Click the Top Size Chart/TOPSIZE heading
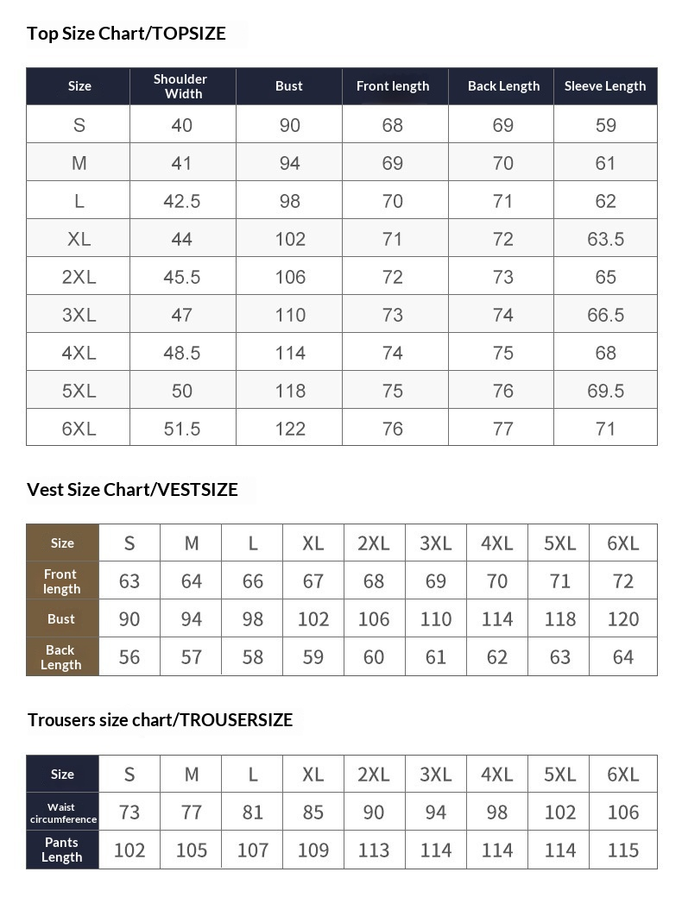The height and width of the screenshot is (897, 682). tap(126, 34)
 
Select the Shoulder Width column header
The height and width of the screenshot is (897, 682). tap(182, 86)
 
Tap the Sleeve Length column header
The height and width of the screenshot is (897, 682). tap(605, 86)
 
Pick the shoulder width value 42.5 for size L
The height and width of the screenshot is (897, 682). tap(182, 201)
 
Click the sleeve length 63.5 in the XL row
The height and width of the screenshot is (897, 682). tap(605, 239)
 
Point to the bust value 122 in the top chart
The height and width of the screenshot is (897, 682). tap(290, 429)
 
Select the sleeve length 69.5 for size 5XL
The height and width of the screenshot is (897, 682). tap(605, 391)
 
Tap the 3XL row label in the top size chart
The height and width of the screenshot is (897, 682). tap(79, 315)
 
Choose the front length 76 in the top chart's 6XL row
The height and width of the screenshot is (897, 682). tap(393, 429)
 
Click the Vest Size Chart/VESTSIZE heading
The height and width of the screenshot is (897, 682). tap(132, 490)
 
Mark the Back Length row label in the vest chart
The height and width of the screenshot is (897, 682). tap(61, 657)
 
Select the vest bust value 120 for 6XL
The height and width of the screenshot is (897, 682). tap(622, 619)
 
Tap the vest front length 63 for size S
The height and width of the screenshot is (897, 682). tap(129, 581)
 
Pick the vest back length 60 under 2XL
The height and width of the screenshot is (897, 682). tap(374, 657)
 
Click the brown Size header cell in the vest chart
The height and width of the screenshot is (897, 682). tap(62, 543)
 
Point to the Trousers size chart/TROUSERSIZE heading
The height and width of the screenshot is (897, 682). tap(160, 720)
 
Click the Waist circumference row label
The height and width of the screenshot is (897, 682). tap(62, 812)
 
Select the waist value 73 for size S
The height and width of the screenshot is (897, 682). tap(129, 812)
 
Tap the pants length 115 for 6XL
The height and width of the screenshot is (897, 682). tap(622, 850)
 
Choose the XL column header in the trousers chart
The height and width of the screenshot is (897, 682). tap(313, 775)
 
